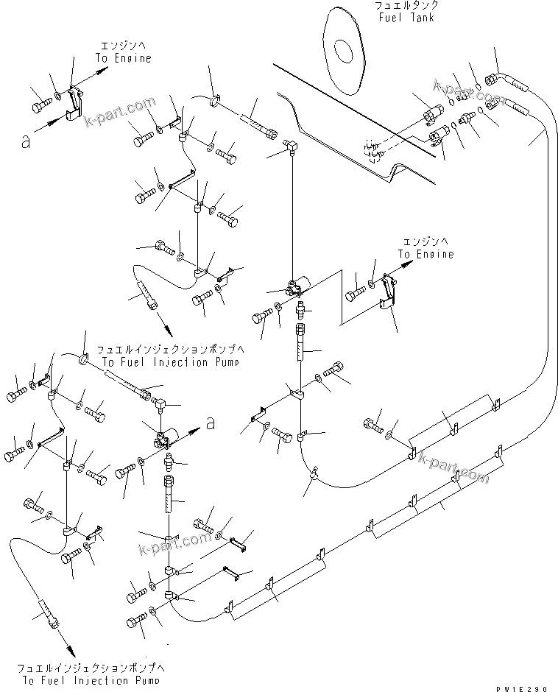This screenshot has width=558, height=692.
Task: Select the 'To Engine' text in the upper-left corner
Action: (123, 58)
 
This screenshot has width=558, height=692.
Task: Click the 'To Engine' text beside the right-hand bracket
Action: (426, 254)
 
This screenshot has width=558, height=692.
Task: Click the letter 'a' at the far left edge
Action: (27, 142)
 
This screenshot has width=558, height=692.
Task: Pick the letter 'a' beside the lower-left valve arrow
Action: (211, 423)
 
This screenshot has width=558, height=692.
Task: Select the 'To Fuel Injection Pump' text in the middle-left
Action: (170, 363)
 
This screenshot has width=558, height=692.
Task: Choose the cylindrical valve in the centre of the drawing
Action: (302, 284)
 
